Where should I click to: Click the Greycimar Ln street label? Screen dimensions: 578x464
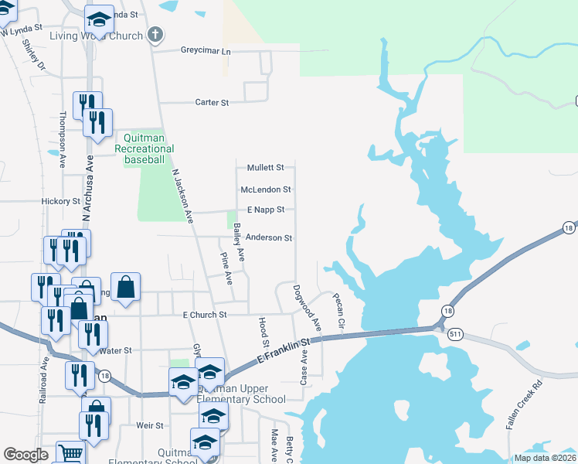pyautogui.click(x=206, y=51)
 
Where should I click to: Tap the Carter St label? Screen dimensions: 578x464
pyautogui.click(x=212, y=102)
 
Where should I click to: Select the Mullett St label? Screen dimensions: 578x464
pyautogui.click(x=265, y=167)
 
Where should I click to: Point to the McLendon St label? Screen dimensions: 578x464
pyautogui.click(x=265, y=189)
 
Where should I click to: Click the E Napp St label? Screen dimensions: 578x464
pyautogui.click(x=265, y=210)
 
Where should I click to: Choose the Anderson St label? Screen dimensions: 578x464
pyautogui.click(x=268, y=238)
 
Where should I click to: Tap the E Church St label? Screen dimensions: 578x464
pyautogui.click(x=204, y=315)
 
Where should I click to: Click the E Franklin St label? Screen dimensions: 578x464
pyautogui.click(x=282, y=353)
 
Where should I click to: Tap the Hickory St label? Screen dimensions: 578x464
pyautogui.click(x=61, y=201)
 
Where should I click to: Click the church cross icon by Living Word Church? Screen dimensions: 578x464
pyautogui.click(x=155, y=35)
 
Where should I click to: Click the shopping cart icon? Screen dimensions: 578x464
pyautogui.click(x=70, y=454)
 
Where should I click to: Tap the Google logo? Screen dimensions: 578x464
pyautogui.click(x=26, y=455)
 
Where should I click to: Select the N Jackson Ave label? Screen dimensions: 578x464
pyautogui.click(x=182, y=197)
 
